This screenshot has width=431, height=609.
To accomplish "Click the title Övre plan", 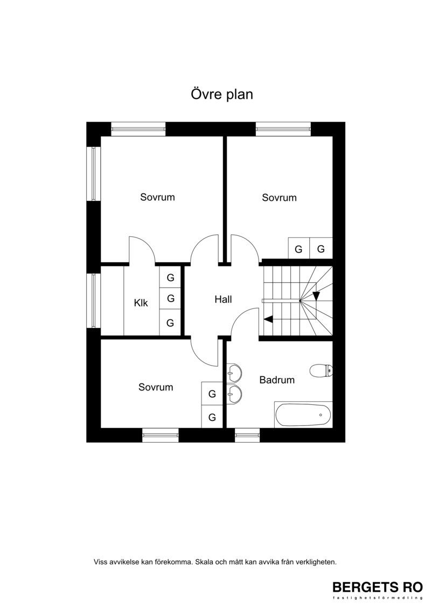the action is tap(221, 94).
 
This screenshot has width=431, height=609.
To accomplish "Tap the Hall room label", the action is tap(223, 299).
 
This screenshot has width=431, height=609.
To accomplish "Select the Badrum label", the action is tap(277, 380).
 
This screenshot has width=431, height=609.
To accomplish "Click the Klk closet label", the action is tap(141, 303).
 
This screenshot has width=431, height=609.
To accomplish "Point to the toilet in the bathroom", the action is tap(321, 370).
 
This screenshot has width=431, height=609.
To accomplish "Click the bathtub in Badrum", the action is tap(303, 415).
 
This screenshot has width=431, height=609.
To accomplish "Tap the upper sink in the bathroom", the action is tap(234, 373).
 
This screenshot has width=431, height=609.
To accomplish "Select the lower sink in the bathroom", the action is tap(234, 395).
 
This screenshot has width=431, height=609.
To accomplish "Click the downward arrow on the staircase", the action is tap(316, 296).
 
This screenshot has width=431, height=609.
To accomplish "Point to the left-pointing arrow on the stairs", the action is tap(268, 319).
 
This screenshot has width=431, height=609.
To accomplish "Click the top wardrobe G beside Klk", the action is tap(170, 277).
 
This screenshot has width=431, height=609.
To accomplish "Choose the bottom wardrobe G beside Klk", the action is tap(170, 323).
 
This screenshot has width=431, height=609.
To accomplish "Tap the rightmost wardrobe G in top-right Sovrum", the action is tap(321, 248).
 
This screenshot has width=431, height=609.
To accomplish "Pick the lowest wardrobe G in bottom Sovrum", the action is tap(212, 417).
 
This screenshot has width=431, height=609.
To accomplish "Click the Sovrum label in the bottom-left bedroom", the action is tap(156, 387).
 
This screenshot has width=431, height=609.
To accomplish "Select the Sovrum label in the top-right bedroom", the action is tap(279, 198).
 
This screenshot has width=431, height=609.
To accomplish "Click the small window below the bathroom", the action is tap(248, 435).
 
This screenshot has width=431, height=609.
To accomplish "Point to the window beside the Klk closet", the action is tap(94, 300).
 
